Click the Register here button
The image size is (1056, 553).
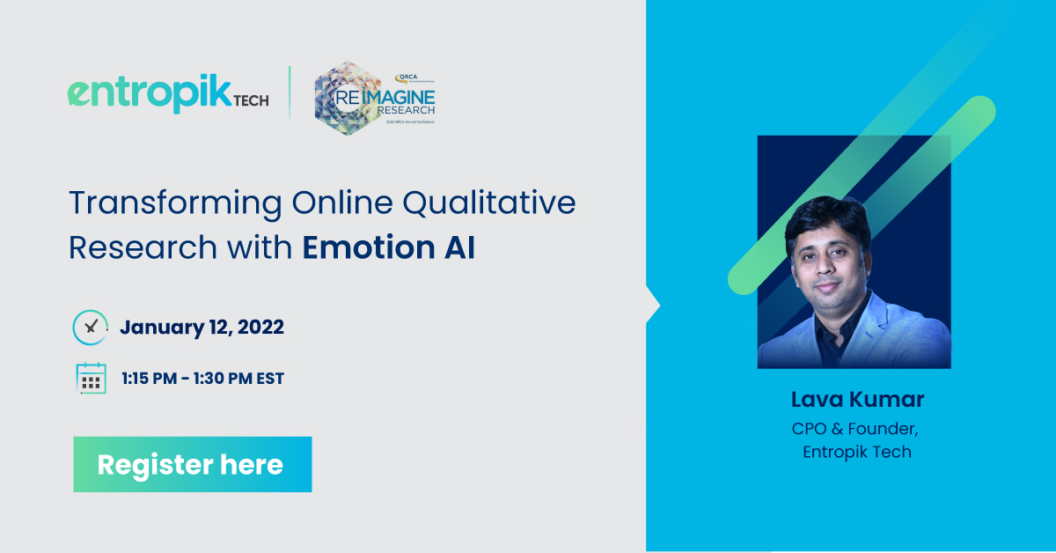pyautogui.click(x=192, y=464)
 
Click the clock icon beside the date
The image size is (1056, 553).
pyautogui.click(x=90, y=327)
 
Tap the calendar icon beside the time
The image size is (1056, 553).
pyautogui.click(x=91, y=379)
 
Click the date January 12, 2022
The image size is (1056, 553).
pyautogui.click(x=202, y=328)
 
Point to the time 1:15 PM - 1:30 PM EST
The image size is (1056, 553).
pyautogui.click(x=202, y=379)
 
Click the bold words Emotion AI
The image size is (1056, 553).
pyautogui.click(x=388, y=247)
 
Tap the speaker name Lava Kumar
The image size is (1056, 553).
pyautogui.click(x=857, y=400)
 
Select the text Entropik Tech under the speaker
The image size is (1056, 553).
pyautogui.click(x=857, y=452)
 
